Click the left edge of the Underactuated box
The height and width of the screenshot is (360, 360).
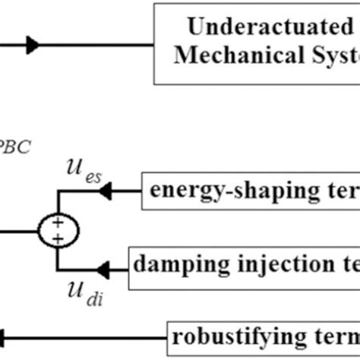[154, 43]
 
